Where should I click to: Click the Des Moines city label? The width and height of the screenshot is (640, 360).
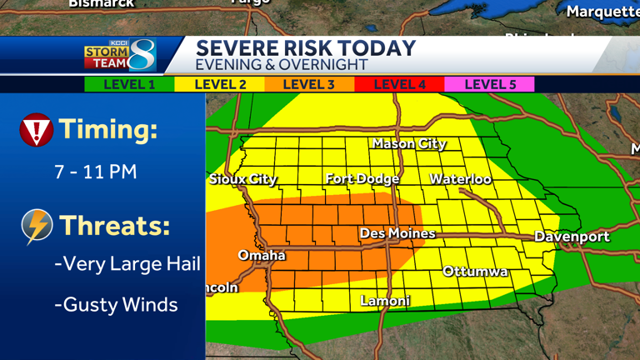click(x=397, y=234)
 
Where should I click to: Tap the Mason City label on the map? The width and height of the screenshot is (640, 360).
click(x=408, y=144)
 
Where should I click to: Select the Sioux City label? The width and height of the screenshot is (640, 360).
click(x=242, y=179)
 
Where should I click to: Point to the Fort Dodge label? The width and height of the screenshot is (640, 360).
click(x=362, y=179)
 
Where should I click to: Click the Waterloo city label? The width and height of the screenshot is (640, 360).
click(x=460, y=179)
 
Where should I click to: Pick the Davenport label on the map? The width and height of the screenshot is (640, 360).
click(x=572, y=237)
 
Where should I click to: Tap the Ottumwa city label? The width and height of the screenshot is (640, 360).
click(x=475, y=272)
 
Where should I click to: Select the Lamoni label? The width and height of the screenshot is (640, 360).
click(x=385, y=301)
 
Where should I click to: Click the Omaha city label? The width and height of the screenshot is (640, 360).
click(x=262, y=255)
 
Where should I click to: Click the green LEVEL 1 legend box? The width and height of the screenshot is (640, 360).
click(x=128, y=84)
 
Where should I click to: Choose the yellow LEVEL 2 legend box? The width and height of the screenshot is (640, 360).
click(x=220, y=84)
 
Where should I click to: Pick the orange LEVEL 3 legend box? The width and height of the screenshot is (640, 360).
click(x=309, y=84)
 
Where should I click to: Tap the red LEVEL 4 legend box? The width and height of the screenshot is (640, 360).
click(x=399, y=84)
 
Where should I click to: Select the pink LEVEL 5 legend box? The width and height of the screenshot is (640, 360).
click(x=489, y=84)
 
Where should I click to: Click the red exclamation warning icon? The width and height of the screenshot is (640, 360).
click(x=36, y=130)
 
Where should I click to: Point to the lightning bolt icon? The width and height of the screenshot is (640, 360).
click(x=37, y=226)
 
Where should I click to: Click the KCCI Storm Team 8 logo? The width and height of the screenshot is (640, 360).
click(x=119, y=55)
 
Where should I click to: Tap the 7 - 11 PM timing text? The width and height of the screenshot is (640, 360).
click(x=95, y=172)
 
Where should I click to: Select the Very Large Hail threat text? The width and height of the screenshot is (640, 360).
click(x=127, y=264)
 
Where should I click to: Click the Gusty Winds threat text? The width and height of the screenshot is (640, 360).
click(x=116, y=305)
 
